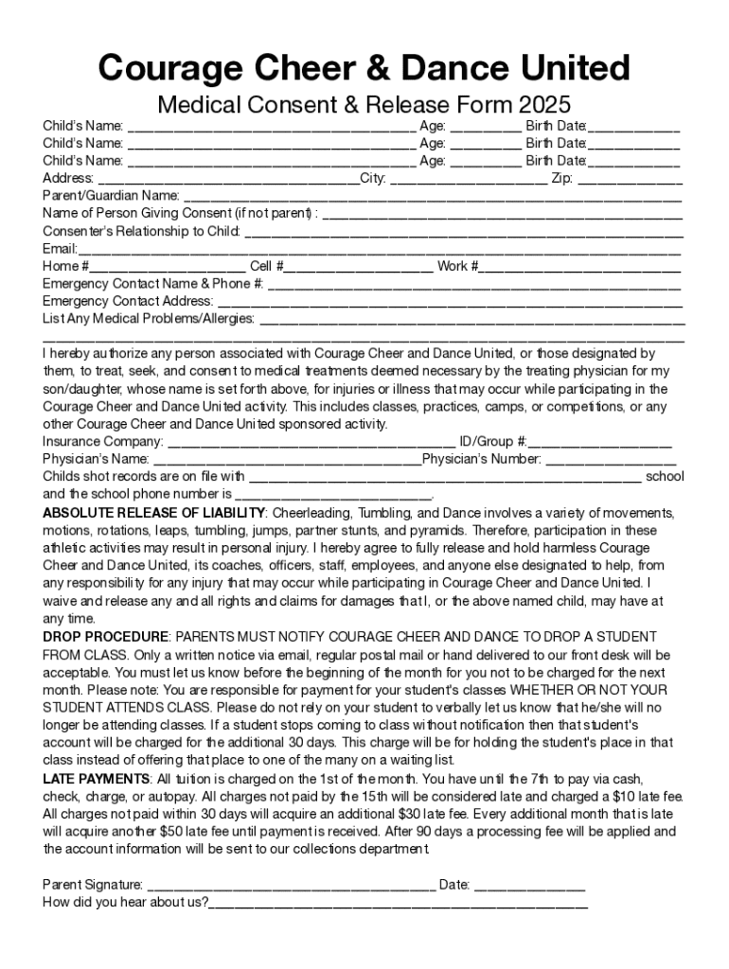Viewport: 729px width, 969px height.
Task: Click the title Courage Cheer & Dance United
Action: pos(364,68)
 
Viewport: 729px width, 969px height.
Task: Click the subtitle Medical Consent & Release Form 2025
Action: pos(364,103)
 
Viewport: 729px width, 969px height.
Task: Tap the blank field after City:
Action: pos(468,180)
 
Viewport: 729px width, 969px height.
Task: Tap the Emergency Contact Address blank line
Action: pos(451,304)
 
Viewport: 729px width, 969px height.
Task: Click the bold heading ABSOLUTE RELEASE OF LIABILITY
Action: pos(153,513)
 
